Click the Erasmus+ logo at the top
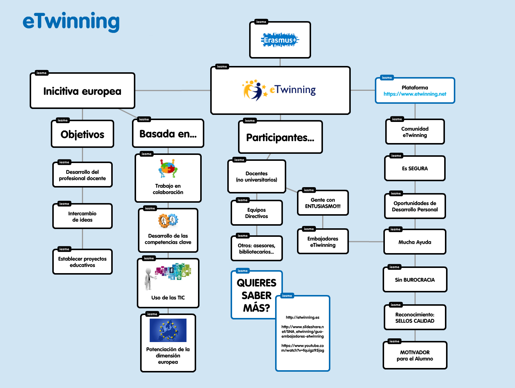(x=280, y=40)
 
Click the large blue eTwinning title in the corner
(x=71, y=22)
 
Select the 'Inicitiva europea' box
(x=82, y=91)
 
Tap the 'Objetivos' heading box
(x=82, y=134)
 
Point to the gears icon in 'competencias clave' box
(x=168, y=221)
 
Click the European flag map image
(x=168, y=330)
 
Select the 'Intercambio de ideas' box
(x=82, y=216)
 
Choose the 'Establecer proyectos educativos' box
(x=82, y=262)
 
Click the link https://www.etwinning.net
(x=415, y=94)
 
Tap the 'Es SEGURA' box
(x=415, y=169)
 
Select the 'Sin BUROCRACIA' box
(x=415, y=280)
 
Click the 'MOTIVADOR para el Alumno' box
(x=415, y=355)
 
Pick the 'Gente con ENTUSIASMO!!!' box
(x=323, y=203)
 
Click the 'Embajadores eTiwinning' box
(x=323, y=242)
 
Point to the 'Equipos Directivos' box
(x=257, y=213)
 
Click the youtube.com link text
(x=303, y=348)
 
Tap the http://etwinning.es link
(x=303, y=317)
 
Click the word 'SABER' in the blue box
(x=257, y=295)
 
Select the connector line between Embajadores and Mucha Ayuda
(x=366, y=242)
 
